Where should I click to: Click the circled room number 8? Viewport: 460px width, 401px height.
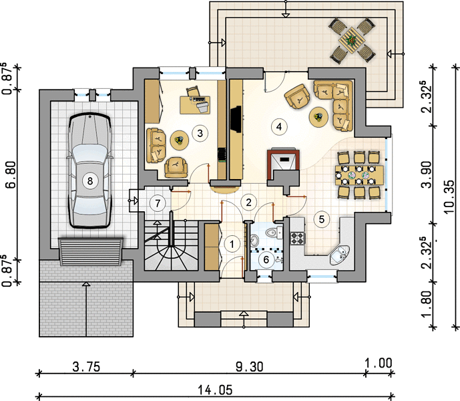point(90,180)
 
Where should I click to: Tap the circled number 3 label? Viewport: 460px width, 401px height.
point(200,133)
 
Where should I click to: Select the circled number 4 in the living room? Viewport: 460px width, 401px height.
point(279,126)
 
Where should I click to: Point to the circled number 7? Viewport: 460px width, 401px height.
point(158,203)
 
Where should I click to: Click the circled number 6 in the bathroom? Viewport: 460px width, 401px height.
point(266,259)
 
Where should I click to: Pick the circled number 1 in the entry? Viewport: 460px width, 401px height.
point(232,244)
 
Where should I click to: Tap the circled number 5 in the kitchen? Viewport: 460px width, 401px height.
point(322,219)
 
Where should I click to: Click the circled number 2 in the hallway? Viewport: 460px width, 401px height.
point(249,202)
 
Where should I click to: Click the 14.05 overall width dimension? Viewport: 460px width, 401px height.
point(215,390)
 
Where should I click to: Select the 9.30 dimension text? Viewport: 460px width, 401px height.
point(250,367)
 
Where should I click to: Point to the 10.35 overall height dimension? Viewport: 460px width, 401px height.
point(449,197)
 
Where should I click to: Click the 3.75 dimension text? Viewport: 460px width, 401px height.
point(86,367)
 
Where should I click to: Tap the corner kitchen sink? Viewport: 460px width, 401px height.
point(340,255)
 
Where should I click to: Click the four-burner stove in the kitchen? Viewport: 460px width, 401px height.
point(298,238)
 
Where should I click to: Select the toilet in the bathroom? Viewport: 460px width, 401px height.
point(274,233)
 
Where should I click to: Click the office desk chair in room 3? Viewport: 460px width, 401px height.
point(193,90)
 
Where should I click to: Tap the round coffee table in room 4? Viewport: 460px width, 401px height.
point(318,117)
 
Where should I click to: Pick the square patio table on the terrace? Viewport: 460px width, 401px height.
point(351,40)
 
